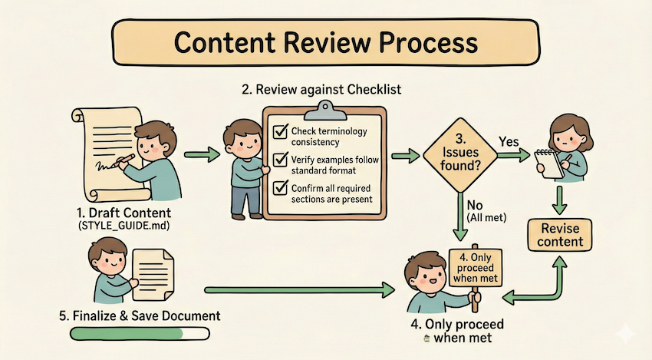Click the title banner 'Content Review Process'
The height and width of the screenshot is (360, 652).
click(325, 43)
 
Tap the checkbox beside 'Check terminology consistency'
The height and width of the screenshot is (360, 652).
click(280, 133)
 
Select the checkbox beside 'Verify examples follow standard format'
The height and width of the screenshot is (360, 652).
click(280, 160)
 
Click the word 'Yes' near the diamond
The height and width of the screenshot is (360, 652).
click(509, 143)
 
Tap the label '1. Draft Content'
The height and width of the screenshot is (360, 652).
click(125, 211)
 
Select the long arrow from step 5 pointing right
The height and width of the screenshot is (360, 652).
click(299, 290)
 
